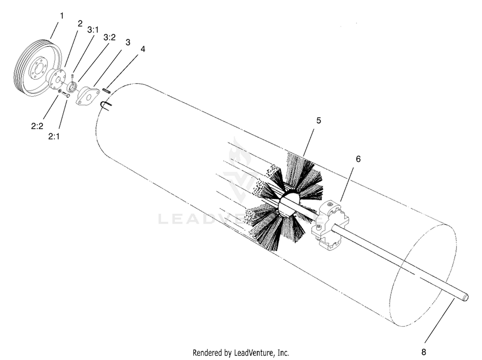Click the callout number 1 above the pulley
coord(62,16)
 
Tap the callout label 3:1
coord(93,30)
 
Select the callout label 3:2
coord(109,37)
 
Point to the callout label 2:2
coord(37,126)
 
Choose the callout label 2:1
coord(54,136)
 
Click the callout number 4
coord(143,49)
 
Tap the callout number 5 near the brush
coord(318,120)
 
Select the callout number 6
coord(358,159)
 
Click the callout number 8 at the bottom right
coord(424,352)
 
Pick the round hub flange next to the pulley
coord(57,79)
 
